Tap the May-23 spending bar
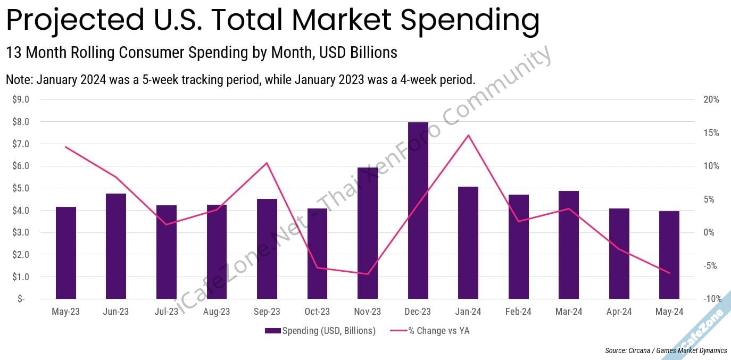coord(66,253)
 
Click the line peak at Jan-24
coord(468,135)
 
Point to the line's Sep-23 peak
coord(267,163)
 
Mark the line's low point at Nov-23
coord(368,274)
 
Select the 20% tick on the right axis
coord(710,99)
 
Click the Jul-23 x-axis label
coord(167,312)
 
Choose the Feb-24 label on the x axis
coord(519,312)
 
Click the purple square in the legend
coord(272,331)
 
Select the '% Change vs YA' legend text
coord(439,331)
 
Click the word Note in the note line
coord(18,80)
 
